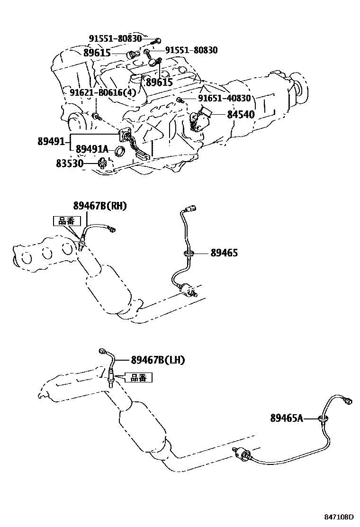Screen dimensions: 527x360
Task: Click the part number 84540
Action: coord(241,114)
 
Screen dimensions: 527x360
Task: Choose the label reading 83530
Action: coord(70,164)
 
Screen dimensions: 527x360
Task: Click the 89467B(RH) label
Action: coord(100,206)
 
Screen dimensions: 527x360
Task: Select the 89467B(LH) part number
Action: coord(158,360)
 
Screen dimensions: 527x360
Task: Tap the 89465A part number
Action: coord(287,418)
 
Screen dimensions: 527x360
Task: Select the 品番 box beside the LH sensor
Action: coord(139,377)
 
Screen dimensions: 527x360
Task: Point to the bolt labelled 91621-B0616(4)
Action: coord(96,116)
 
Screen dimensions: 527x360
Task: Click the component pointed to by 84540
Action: coord(201,118)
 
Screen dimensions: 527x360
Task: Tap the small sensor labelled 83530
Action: coord(101,164)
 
